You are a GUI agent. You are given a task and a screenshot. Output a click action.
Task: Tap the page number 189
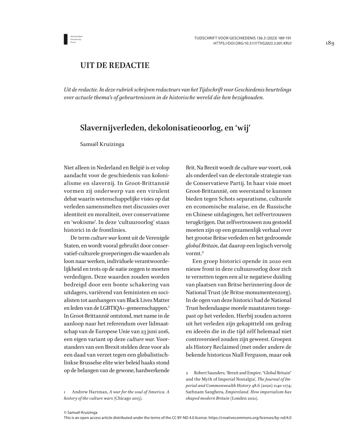pos(330,43)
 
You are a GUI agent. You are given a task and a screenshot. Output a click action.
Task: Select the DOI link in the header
pos(253,44)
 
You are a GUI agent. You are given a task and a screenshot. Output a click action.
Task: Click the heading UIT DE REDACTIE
pos(115,66)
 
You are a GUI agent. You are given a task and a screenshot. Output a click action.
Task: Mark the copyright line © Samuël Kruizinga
pos(81,412)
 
